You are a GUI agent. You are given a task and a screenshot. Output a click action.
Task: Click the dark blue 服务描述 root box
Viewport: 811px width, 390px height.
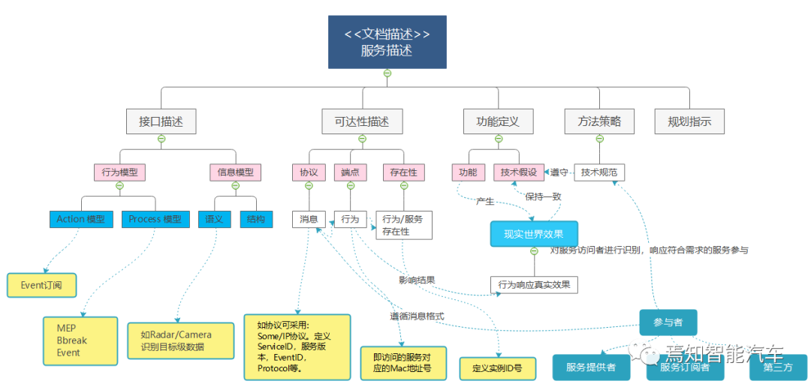click(x=387, y=42)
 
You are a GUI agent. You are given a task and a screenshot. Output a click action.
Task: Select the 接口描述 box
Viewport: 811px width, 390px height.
click(x=161, y=121)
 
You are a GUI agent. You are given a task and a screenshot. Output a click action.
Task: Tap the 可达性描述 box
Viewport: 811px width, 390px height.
click(x=362, y=121)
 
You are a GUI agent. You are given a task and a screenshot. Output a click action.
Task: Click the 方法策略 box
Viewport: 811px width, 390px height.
click(x=599, y=121)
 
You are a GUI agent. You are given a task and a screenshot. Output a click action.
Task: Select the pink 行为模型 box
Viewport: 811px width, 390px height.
click(x=119, y=172)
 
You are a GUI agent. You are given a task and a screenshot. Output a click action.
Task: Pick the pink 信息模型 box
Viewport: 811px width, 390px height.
click(x=235, y=172)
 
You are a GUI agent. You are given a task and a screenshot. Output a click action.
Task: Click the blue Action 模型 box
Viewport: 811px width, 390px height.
click(x=80, y=219)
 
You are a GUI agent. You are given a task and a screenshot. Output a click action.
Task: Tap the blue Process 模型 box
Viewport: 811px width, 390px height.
click(x=155, y=219)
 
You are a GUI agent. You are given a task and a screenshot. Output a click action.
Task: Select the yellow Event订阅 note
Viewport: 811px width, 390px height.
click(x=42, y=284)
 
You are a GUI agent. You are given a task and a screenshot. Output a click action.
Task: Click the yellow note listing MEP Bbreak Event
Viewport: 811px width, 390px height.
click(x=80, y=340)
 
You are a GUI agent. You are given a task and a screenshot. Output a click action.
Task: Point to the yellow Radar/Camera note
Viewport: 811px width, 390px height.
click(x=175, y=340)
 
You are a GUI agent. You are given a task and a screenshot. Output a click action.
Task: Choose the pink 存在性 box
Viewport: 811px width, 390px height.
click(x=403, y=172)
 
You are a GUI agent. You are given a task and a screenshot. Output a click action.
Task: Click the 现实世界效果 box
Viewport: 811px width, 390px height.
click(x=534, y=233)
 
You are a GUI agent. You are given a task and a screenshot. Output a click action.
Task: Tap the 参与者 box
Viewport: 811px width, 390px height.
click(x=668, y=322)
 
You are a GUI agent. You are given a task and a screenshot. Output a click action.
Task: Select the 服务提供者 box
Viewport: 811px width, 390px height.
click(x=591, y=367)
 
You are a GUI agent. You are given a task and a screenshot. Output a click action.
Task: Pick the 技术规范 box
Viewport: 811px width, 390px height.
click(x=599, y=172)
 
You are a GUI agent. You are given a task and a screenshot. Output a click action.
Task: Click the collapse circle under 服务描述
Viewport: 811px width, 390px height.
click(x=387, y=73)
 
